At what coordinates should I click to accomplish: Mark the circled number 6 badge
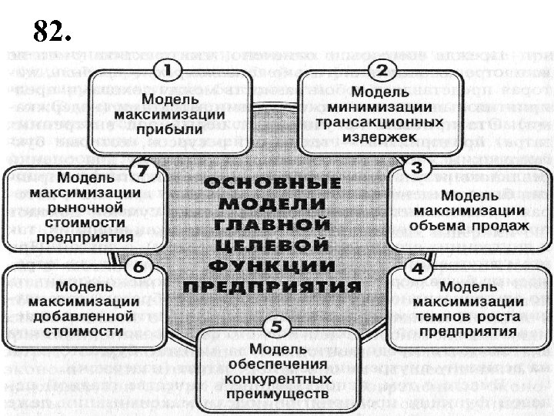[x=139, y=266]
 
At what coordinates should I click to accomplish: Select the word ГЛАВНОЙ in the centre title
[x=273, y=223]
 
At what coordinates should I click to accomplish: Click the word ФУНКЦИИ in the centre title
[x=273, y=265]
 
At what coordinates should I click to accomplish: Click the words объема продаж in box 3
[x=469, y=226]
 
